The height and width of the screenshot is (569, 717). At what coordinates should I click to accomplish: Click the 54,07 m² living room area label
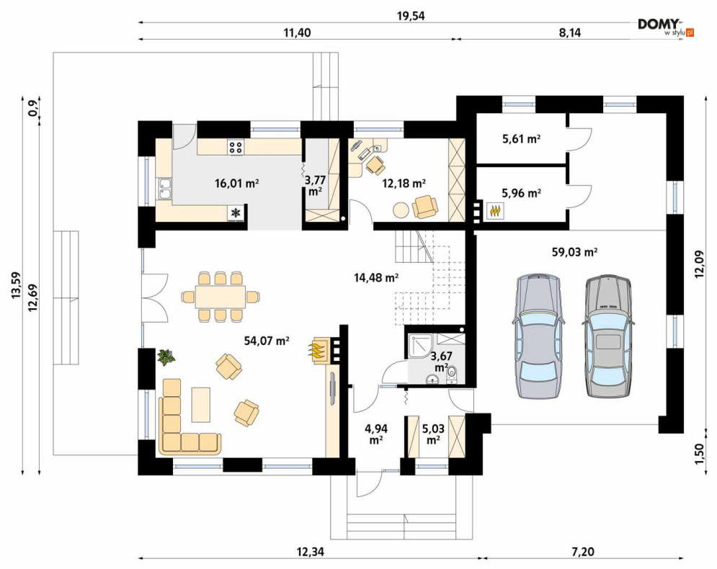(267, 340)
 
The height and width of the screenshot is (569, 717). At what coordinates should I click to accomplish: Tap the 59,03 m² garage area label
(574, 252)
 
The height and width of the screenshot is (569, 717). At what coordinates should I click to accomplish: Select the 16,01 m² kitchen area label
(237, 184)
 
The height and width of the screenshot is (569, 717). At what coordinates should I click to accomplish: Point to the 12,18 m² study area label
(404, 184)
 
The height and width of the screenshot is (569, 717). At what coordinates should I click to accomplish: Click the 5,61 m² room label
(521, 139)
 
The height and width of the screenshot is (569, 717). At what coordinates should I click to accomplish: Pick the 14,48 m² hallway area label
(376, 277)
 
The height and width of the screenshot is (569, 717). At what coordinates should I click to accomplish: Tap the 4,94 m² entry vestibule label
(376, 434)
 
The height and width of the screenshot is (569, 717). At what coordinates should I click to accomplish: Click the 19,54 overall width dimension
(411, 16)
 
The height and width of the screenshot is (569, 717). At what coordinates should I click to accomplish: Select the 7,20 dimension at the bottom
(583, 552)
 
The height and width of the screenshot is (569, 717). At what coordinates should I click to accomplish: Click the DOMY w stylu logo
(666, 27)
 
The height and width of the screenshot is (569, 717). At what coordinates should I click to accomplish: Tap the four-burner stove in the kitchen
(236, 147)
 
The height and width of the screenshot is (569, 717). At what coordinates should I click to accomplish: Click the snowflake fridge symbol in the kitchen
(236, 212)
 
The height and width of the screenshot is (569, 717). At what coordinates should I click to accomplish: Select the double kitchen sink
(164, 189)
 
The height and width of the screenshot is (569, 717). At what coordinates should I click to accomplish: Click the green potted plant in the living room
(165, 357)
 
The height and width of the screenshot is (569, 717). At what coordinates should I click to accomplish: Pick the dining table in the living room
(221, 297)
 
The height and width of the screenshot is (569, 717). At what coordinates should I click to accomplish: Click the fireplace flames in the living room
(319, 350)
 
